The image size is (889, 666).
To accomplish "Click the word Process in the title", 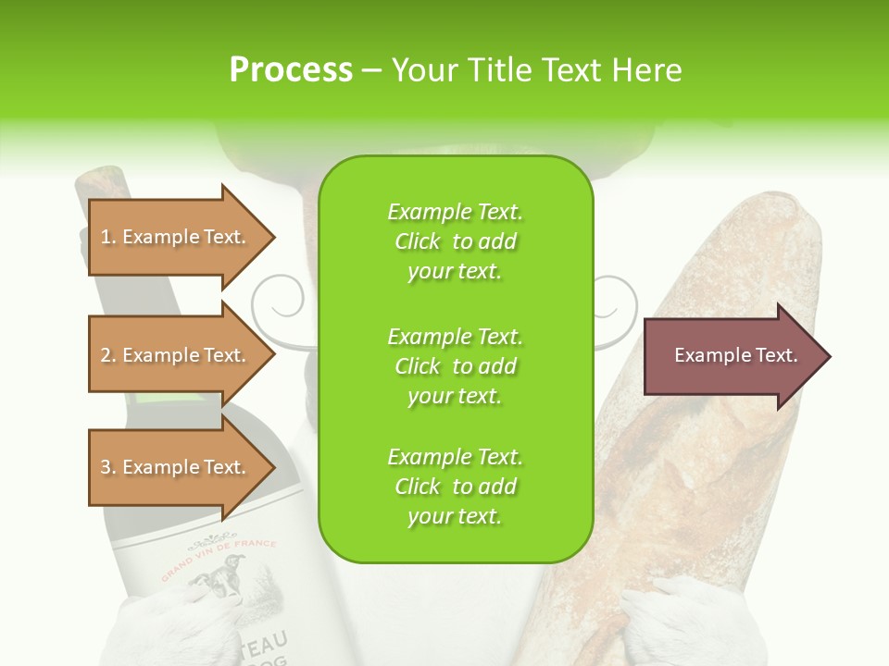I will [291, 70].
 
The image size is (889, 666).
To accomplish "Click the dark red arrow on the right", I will [736, 356].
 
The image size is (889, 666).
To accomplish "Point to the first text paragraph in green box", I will [455, 241].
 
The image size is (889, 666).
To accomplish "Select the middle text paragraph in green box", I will [455, 366].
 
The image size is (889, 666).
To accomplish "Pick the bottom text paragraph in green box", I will [455, 487].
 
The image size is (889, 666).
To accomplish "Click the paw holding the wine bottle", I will [181, 629].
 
